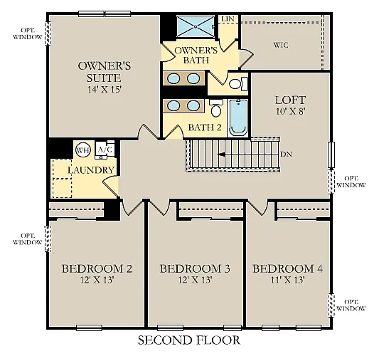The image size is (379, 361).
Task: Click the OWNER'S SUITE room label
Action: (99, 72)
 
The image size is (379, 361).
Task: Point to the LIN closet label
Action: (228, 19)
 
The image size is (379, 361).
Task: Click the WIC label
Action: (281, 45)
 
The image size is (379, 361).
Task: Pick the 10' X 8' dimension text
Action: (289, 113)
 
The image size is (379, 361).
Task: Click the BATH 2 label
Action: (205, 128)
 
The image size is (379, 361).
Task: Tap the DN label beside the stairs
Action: (286, 154)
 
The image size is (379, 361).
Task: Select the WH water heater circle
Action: (83, 150)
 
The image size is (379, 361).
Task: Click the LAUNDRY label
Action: (91, 170)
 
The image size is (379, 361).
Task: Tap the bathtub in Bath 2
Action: (238, 117)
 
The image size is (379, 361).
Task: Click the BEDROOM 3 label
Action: (194, 268)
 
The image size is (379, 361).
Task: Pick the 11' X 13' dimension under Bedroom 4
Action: (288, 280)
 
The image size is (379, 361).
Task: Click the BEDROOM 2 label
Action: (97, 268)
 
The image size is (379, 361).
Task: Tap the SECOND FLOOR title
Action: (188, 340)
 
